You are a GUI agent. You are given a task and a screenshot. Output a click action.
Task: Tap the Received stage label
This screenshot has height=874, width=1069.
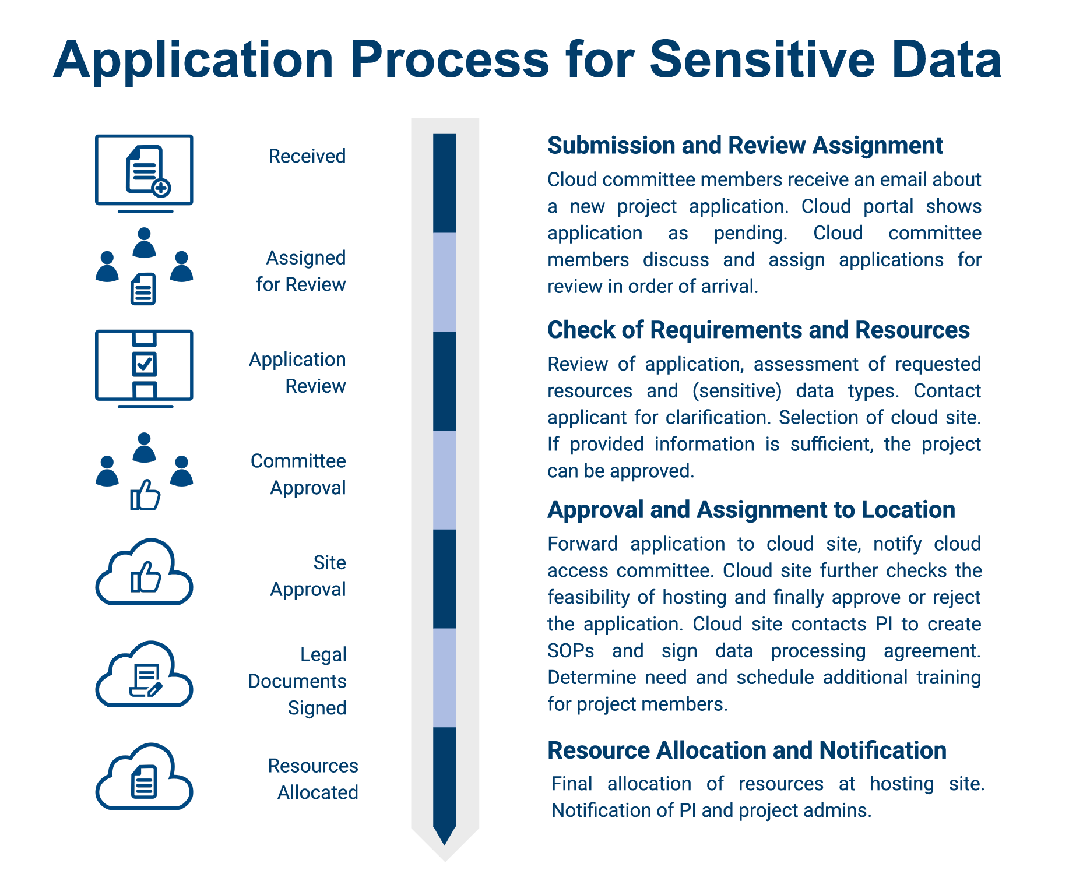coord(307,156)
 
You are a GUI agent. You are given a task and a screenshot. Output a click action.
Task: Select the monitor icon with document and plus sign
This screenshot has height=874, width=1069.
coord(144,172)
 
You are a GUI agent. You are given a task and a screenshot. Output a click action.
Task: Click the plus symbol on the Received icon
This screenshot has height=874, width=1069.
coord(161,188)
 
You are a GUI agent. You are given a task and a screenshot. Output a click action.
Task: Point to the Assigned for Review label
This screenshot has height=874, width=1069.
coord(301,271)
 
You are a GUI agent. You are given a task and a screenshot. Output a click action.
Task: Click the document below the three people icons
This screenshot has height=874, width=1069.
coord(143,289)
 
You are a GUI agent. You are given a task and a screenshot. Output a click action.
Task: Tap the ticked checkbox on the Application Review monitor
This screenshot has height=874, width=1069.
coord(144,364)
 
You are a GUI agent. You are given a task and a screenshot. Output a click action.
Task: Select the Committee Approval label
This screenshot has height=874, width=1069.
coord(298,474)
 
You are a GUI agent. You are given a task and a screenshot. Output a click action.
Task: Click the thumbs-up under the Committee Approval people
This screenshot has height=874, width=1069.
coord(145,495)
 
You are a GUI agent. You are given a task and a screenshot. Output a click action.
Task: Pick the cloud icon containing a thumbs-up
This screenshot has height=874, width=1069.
coord(144,572)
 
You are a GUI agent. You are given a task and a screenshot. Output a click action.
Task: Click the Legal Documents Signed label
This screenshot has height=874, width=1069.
coord(297,681)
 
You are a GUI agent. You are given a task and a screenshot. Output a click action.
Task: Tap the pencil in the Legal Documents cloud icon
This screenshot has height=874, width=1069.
coord(154,690)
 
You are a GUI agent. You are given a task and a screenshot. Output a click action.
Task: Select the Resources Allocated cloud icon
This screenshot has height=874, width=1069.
coord(144,777)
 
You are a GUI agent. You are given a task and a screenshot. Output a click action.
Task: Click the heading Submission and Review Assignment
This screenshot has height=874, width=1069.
coord(744,146)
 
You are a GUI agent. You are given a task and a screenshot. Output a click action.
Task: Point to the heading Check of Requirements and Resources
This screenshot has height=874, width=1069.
coord(758,330)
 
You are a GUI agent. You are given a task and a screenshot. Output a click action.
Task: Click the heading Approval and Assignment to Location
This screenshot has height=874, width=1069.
coord(751,510)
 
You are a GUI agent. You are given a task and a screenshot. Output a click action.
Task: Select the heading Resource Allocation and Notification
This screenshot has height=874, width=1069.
coord(746,750)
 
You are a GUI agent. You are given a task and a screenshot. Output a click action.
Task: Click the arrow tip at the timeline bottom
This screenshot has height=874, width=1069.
coord(445,838)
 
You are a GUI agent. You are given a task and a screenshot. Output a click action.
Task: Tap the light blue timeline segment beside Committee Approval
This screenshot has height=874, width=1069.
coord(445,480)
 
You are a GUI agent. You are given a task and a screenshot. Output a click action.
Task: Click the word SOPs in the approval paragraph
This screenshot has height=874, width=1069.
coord(571,651)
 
